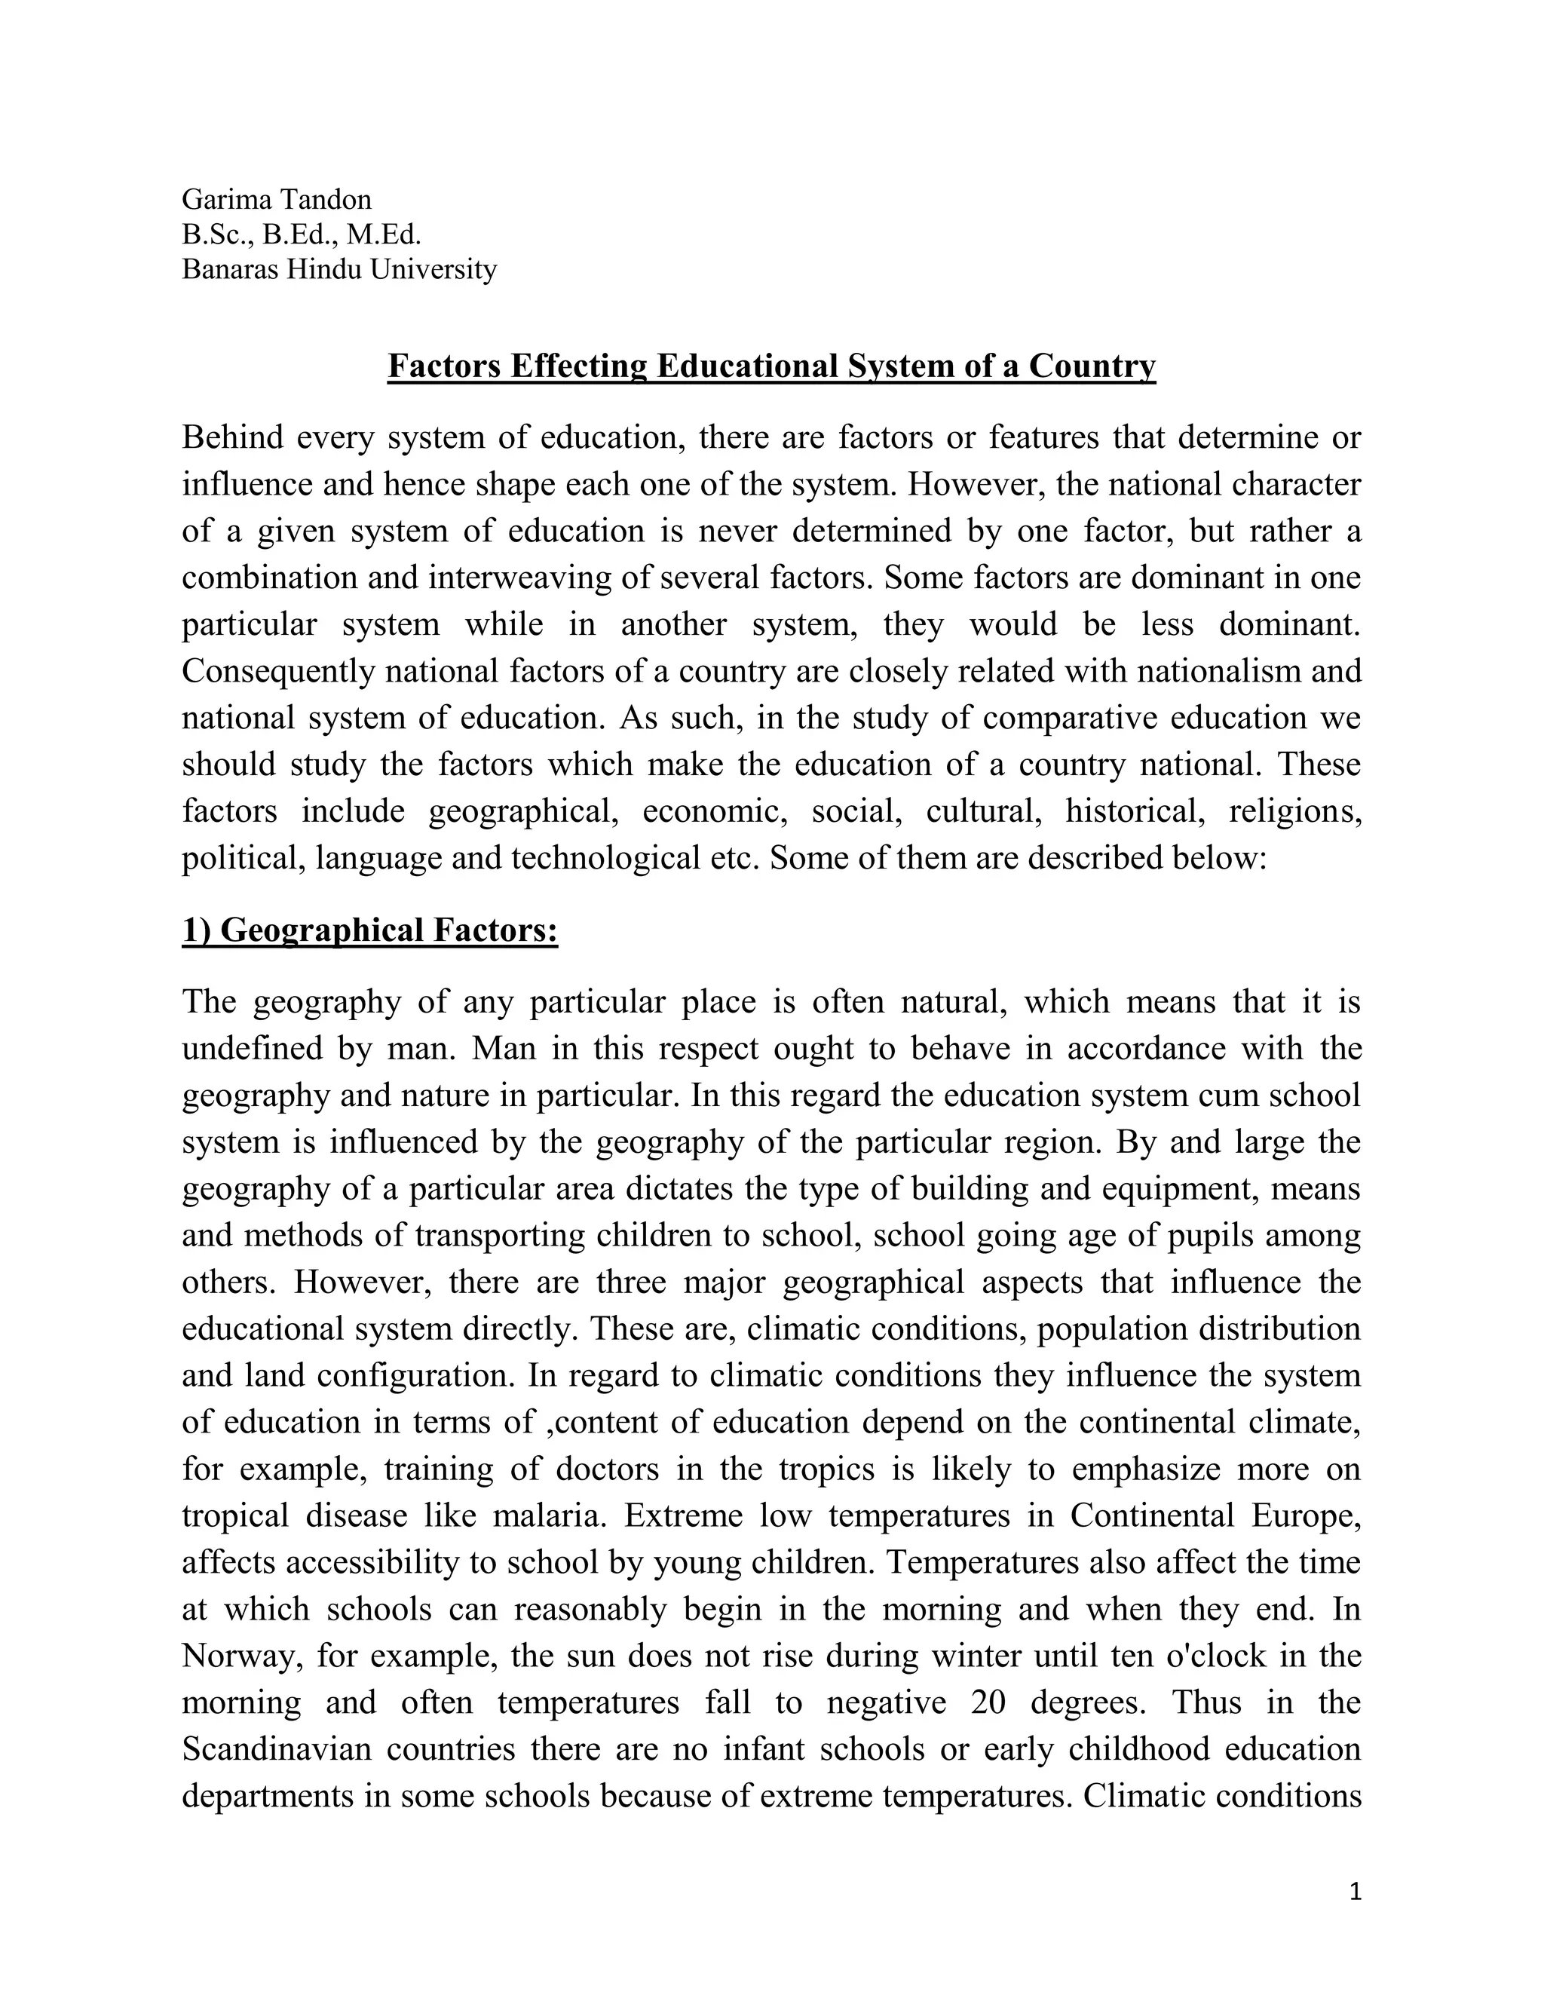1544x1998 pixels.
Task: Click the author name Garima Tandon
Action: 276,200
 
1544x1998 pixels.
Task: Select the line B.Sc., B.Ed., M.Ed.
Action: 301,234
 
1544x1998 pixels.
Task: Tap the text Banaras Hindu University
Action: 339,269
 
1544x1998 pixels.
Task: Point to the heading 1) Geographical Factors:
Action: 369,930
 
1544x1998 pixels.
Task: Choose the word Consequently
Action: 278,672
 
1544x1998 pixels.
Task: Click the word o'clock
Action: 1215,1656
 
